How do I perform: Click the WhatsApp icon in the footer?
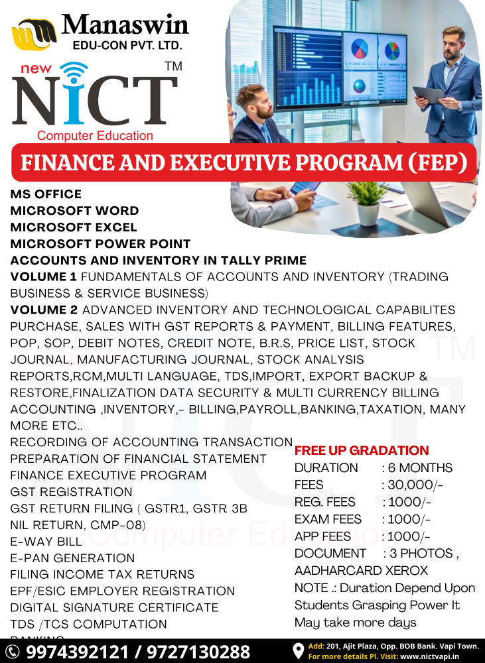click(13, 652)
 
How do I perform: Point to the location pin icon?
click(298, 651)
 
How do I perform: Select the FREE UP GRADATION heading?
click(362, 450)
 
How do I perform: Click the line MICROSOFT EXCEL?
click(74, 227)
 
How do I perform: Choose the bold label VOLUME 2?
click(44, 310)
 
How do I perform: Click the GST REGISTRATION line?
click(71, 491)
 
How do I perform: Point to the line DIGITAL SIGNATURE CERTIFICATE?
click(114, 607)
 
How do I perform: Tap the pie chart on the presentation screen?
click(359, 48)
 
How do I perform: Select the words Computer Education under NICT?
click(95, 135)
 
